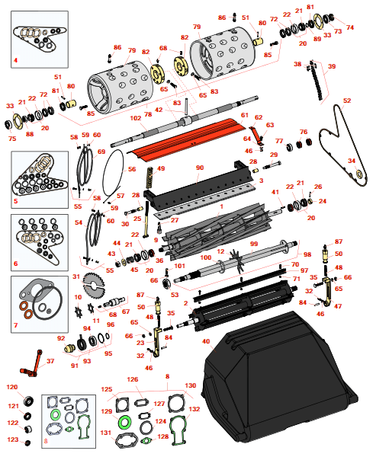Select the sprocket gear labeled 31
92,285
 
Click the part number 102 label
136,118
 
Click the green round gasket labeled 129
125,422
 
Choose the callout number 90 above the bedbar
200,168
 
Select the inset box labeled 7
40,304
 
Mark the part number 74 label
350,27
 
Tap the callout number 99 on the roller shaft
254,244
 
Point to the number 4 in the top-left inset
15,60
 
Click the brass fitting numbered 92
69,348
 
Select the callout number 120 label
12,387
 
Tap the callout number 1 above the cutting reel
221,206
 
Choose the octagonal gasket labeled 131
127,441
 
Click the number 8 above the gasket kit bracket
167,376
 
